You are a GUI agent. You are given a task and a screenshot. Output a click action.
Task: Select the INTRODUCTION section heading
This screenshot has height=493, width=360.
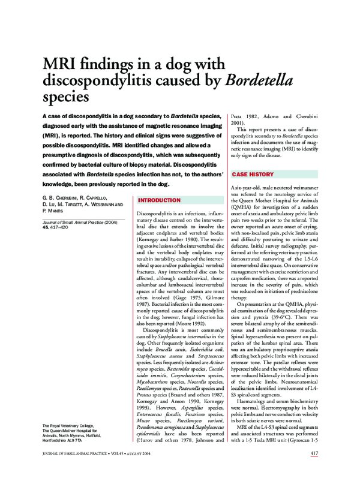(x=159, y=200)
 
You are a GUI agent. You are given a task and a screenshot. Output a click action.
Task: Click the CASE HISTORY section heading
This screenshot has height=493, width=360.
(x=253, y=175)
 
